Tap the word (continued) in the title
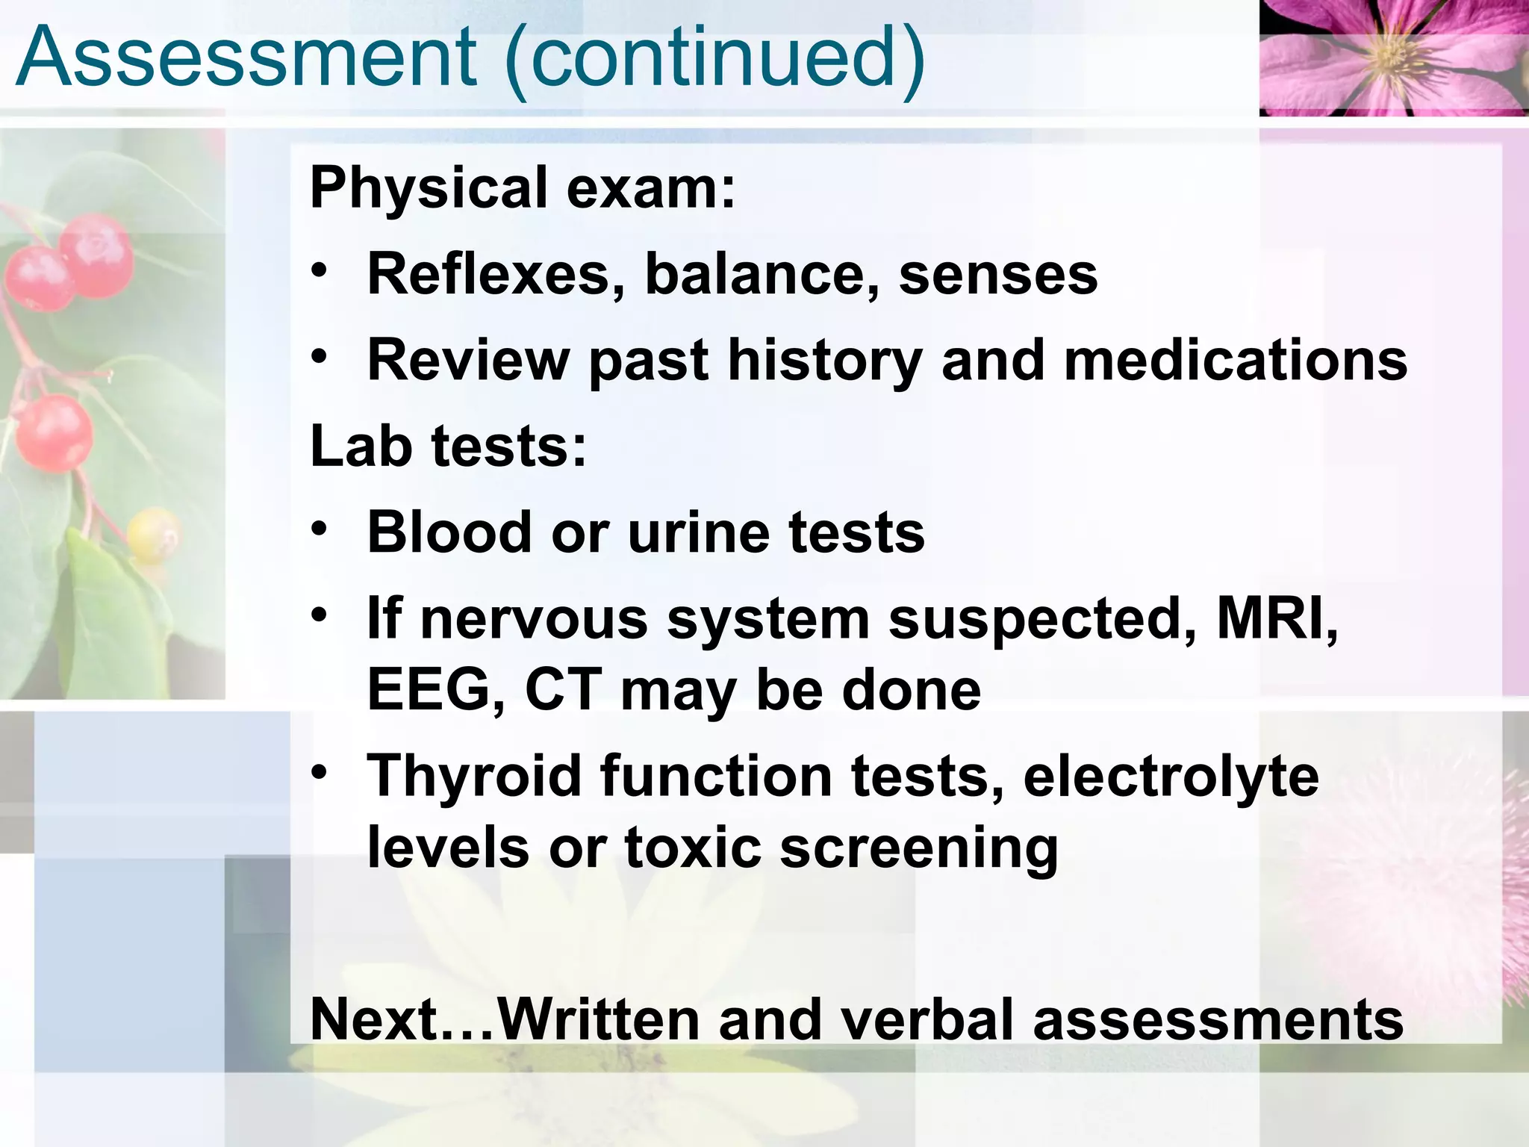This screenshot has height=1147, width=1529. click(x=715, y=58)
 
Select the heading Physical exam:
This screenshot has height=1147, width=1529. click(x=523, y=188)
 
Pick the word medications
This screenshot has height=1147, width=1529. click(x=1236, y=360)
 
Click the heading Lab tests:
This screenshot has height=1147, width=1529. click(x=449, y=447)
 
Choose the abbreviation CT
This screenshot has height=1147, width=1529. click(x=563, y=690)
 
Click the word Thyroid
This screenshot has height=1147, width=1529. click(x=474, y=777)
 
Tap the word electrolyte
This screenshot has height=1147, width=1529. click(x=1171, y=777)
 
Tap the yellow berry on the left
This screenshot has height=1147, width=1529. click(x=153, y=536)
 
